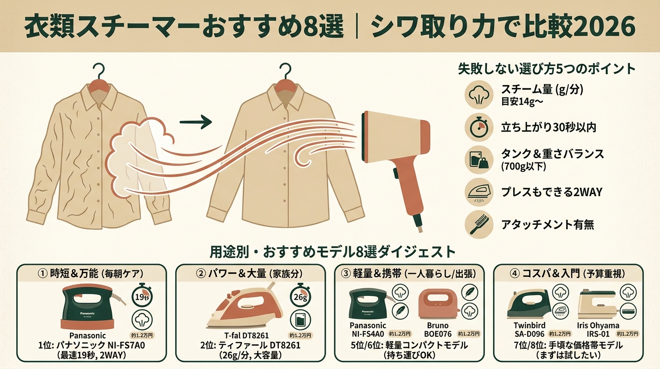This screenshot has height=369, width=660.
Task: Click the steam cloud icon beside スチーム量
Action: (479, 94)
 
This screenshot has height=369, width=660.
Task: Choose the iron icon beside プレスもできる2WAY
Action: (479, 192)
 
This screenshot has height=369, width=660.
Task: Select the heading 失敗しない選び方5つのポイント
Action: (547, 68)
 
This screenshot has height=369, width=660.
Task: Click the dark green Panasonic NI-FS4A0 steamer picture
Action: (368, 303)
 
